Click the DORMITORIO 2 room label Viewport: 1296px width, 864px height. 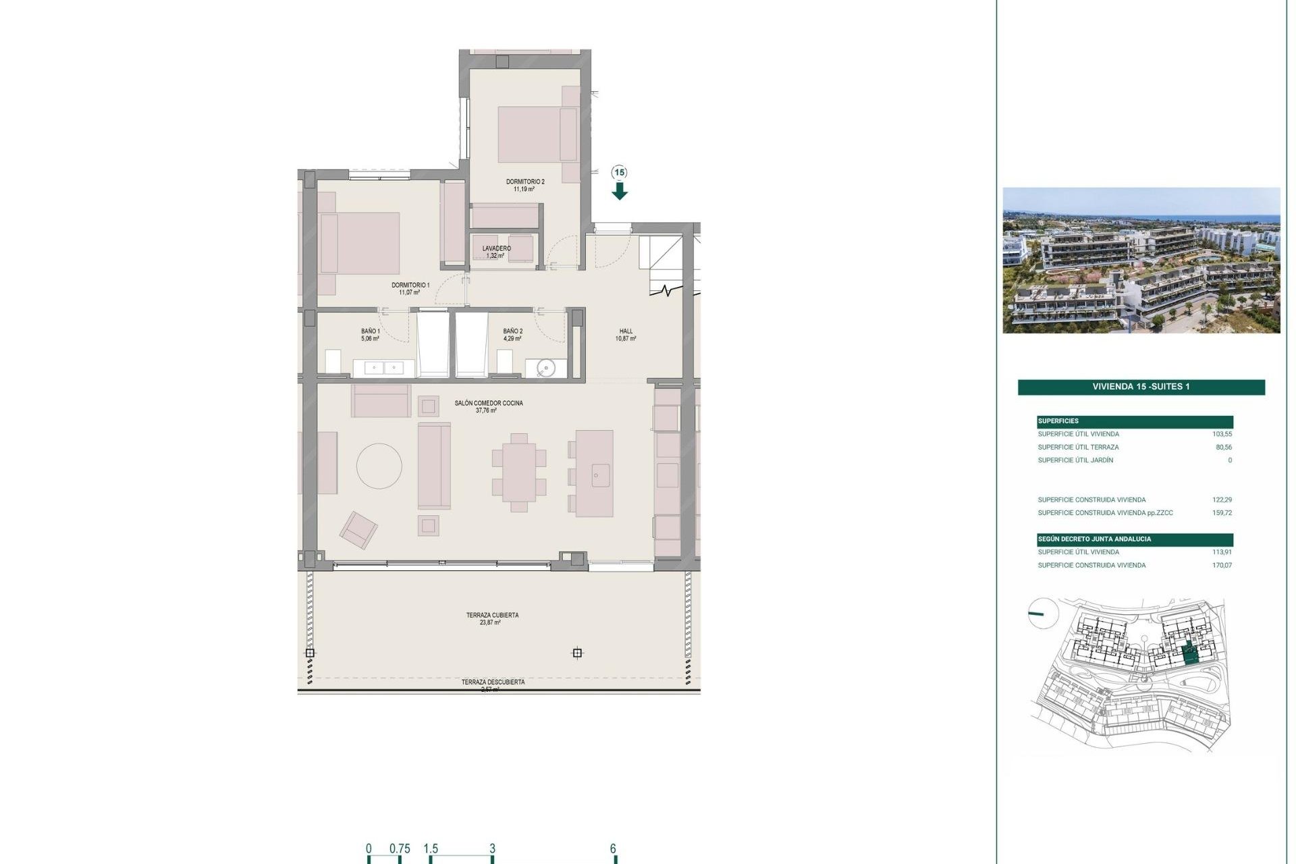525,182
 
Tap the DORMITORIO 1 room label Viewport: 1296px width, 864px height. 410,286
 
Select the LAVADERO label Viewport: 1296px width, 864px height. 496,249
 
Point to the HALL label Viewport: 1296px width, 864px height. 626,331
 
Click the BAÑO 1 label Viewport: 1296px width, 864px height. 371,331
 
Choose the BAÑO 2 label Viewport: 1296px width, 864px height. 513,331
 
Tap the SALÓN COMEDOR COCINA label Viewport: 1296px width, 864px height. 489,404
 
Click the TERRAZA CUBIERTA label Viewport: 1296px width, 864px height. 492,616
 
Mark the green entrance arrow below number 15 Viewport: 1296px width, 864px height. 620,192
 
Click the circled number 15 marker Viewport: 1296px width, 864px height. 620,173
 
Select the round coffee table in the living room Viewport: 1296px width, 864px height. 379,466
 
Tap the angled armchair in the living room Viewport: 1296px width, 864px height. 358,530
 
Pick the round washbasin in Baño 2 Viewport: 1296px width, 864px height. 546,368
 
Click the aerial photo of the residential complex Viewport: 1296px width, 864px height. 1141,261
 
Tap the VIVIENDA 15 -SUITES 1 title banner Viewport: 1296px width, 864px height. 1141,387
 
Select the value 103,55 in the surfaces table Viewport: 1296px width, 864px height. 1222,434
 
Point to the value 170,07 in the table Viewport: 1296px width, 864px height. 1222,566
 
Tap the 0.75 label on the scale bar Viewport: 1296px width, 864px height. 400,849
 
